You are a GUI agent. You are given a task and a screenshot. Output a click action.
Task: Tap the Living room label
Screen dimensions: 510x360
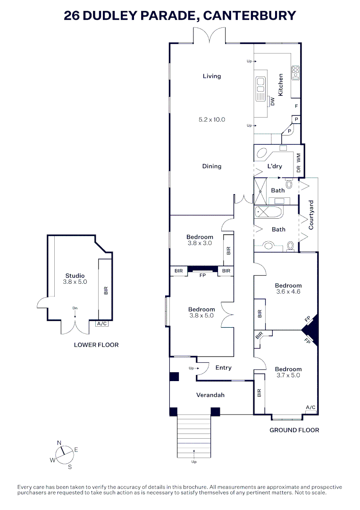coord(211,76)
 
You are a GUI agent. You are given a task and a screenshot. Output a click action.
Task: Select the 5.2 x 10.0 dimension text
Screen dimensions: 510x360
coord(211,119)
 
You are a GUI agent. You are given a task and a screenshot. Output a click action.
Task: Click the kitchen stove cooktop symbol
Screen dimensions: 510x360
coord(296,72)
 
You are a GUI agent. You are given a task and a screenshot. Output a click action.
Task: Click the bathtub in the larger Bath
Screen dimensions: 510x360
coord(268,212)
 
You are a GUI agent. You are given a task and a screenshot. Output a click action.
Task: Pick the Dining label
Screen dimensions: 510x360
coord(211,166)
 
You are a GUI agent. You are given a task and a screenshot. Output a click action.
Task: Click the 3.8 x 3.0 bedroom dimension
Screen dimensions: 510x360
coord(200,243)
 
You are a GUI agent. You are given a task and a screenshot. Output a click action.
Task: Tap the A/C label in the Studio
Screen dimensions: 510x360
coord(101,324)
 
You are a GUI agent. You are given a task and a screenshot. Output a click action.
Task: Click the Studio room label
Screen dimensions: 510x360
coord(75,276)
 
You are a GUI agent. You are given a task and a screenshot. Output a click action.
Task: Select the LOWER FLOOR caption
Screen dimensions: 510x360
coord(96,345)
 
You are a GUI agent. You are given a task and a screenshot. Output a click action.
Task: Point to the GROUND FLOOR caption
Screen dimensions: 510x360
coord(294,430)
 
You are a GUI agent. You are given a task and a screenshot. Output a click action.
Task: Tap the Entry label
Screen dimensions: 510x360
coord(223,367)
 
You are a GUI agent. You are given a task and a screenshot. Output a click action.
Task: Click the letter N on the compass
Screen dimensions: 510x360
coord(59,442)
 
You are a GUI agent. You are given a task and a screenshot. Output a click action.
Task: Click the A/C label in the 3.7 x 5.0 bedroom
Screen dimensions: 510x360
coord(310,407)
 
